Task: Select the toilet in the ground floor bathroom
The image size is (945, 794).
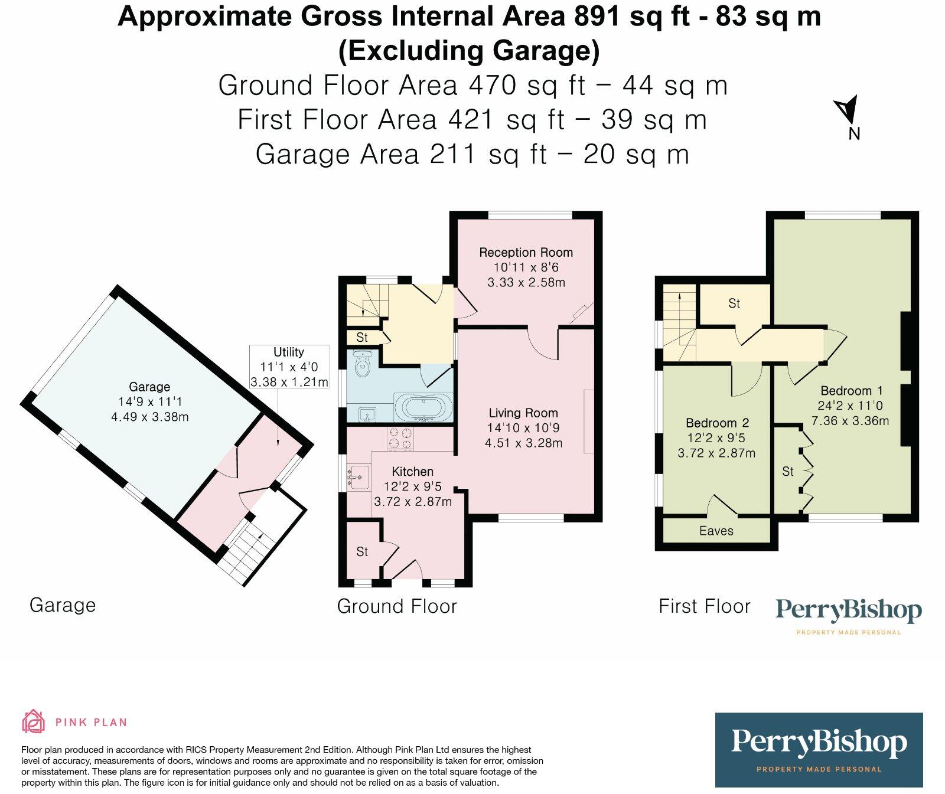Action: pos(362,364)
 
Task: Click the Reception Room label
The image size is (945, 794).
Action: pos(526,253)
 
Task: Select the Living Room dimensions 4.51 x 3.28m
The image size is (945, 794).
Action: pos(523,443)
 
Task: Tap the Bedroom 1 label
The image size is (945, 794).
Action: pos(851,391)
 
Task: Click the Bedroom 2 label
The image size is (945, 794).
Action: pos(717,423)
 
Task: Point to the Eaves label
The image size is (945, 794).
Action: pos(716,531)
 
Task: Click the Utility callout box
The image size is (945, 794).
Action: pos(289,367)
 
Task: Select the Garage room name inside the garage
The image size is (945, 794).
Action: pos(149,387)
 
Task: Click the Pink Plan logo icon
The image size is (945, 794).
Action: pos(34,721)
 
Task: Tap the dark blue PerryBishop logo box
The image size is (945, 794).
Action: pos(819,750)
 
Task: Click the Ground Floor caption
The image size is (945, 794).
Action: pos(397,606)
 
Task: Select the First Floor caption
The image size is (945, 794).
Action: pos(704,606)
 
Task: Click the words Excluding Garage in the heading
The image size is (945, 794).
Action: pos(469,51)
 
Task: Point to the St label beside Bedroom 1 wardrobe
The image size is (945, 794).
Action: pos(788,471)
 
